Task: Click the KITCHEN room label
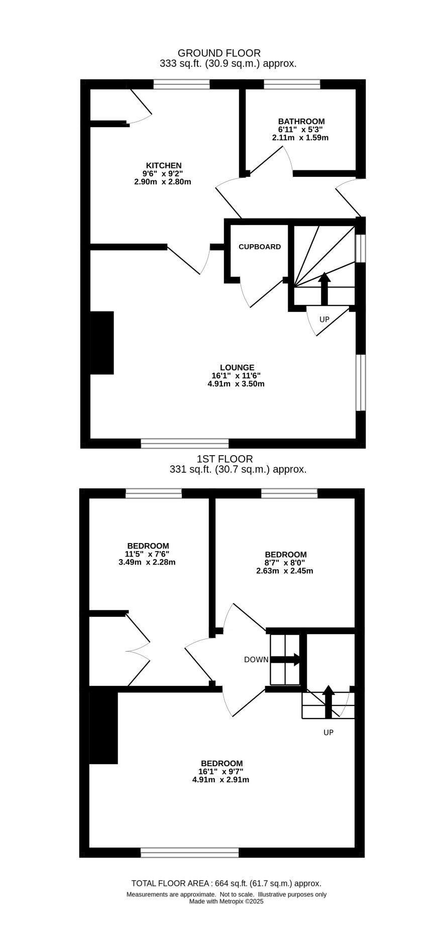pos(164,165)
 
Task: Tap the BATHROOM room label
pos(301,121)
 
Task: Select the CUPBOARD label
pos(260,247)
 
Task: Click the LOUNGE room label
pos(237,367)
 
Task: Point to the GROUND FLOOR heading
pos(219,53)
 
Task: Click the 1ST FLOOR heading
pos(225,459)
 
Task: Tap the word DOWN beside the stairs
pos(256,660)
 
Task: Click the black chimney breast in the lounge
pos(102,343)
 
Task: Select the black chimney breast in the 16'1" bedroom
pos(103,727)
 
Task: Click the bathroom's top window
pos(292,84)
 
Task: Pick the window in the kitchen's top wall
pos(181,84)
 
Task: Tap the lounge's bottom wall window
pos(185,443)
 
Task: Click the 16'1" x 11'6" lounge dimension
pos(236,375)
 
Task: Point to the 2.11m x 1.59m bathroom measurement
pos(300,137)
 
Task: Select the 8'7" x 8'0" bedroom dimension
pos(284,563)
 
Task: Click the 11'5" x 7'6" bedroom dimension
pos(148,554)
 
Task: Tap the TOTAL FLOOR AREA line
pos(226,883)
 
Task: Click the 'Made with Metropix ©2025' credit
pos(226,901)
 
